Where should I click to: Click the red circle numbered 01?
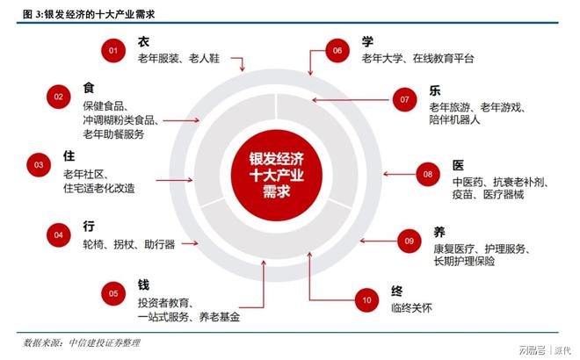[113, 51]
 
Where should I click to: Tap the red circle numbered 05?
[113, 293]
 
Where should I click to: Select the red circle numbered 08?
[428, 174]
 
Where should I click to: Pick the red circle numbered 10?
[366, 300]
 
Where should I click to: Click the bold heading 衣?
[143, 41]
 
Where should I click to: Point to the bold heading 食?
[89, 88]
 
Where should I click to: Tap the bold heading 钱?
[143, 284]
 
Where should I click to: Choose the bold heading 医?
[458, 165]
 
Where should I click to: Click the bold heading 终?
[397, 291]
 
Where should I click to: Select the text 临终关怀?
[411, 308]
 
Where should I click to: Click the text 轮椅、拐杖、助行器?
[128, 244]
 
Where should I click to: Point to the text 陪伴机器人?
[454, 119]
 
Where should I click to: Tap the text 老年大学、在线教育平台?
[417, 59]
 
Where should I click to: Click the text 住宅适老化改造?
[99, 188]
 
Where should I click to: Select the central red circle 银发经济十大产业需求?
[276, 176]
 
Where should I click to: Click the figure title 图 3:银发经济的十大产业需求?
[89, 14]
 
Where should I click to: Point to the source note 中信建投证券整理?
[105, 343]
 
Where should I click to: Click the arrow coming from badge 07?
[351, 100]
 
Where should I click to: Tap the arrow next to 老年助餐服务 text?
[181, 120]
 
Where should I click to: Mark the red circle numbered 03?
[39, 165]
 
